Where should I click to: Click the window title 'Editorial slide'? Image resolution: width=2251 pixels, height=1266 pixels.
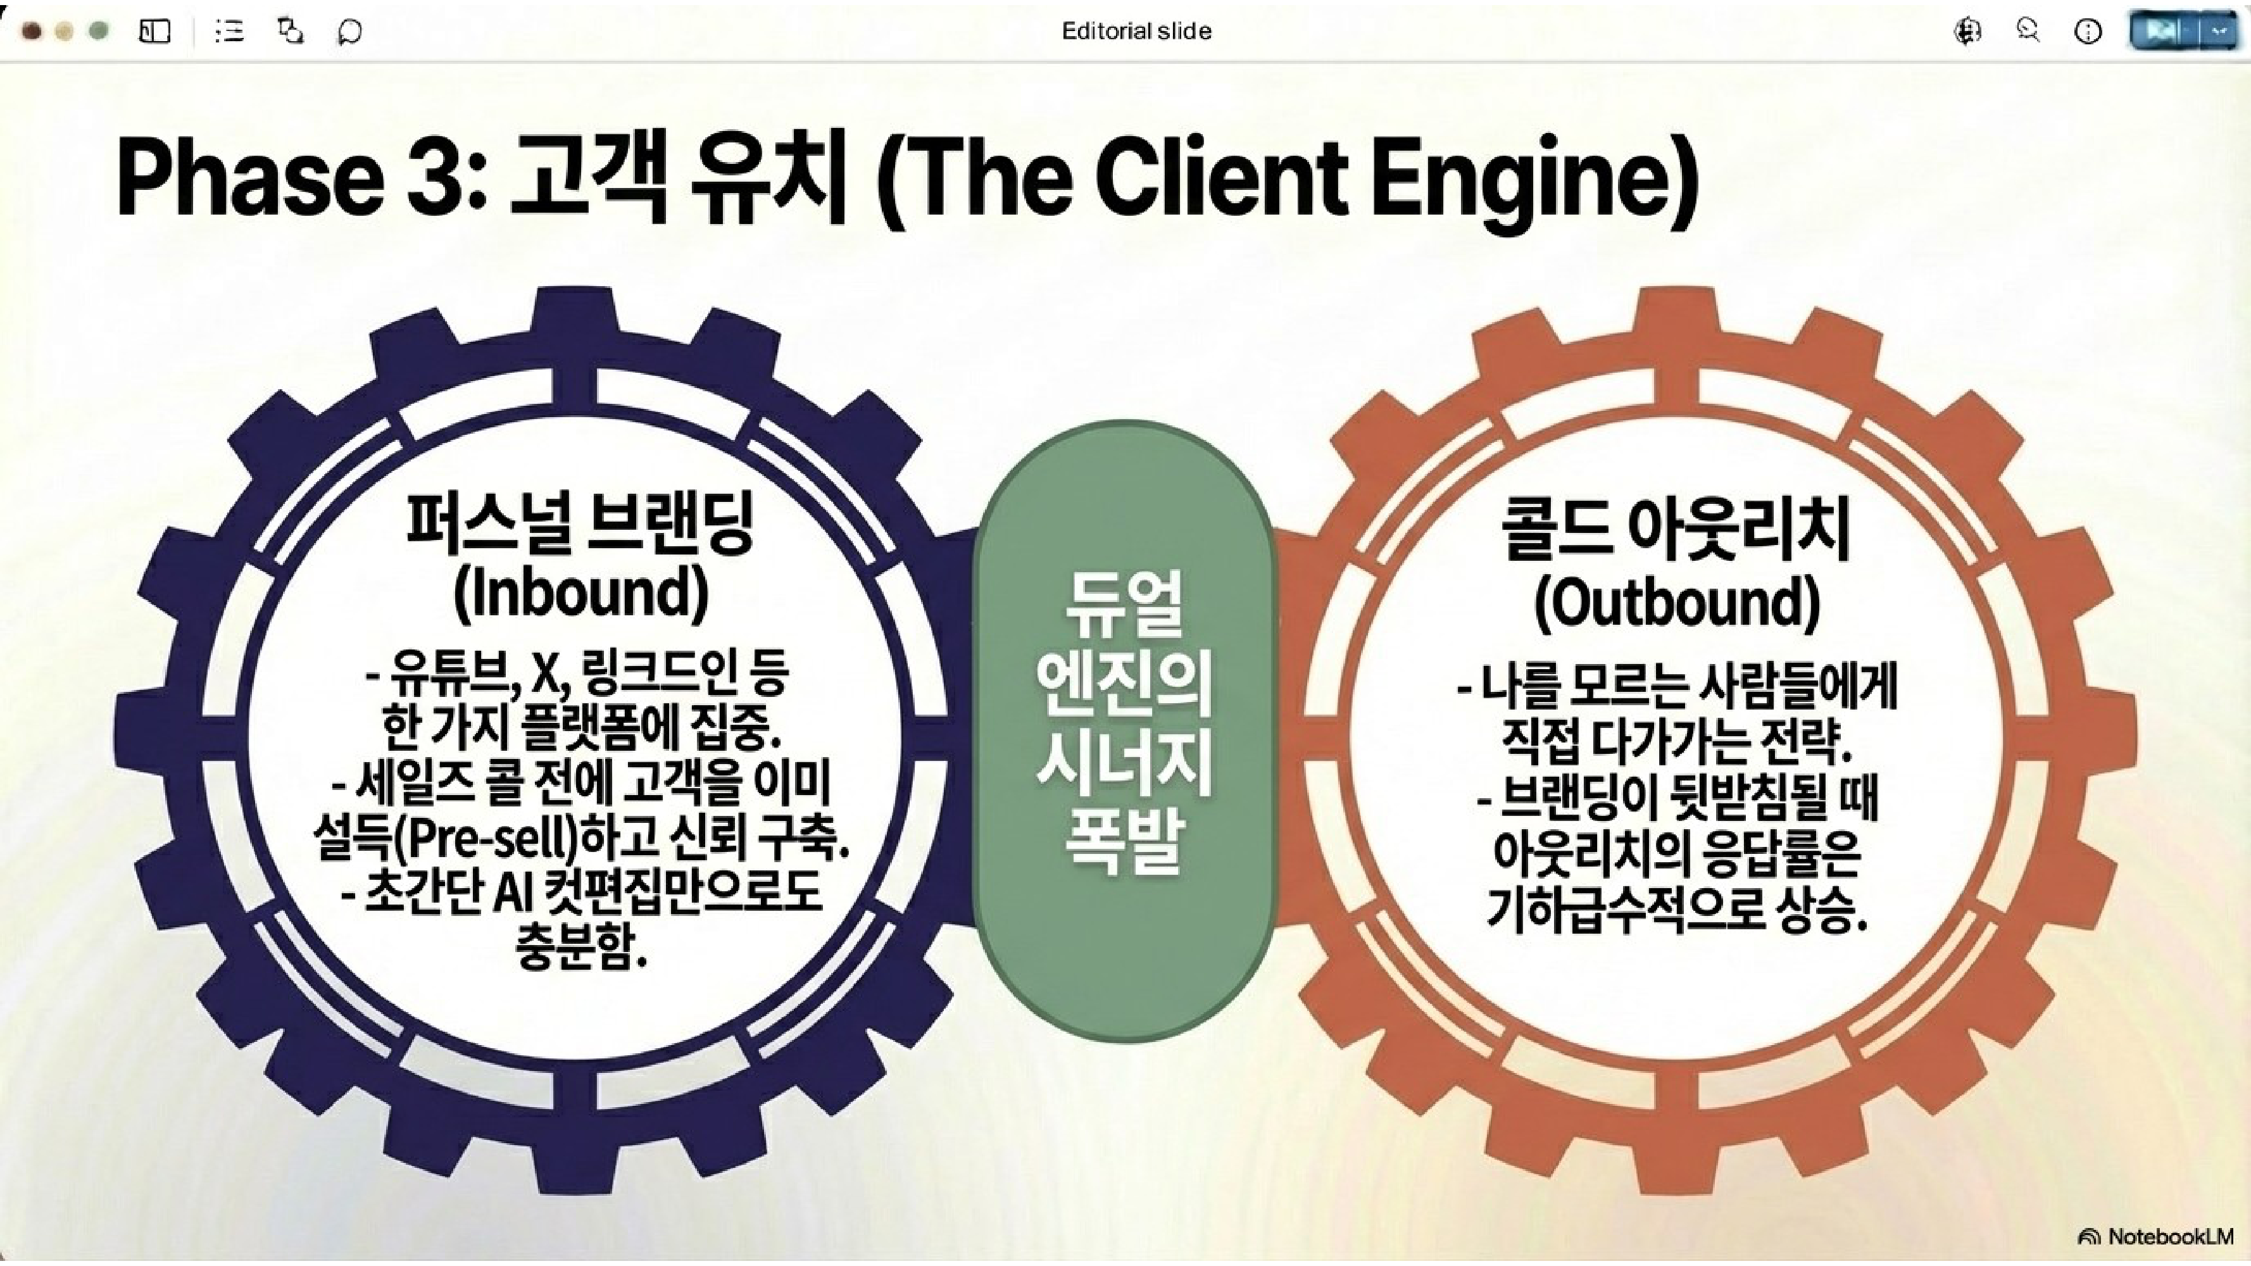click(1136, 32)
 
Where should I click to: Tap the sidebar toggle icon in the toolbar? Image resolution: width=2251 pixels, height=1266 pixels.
click(154, 32)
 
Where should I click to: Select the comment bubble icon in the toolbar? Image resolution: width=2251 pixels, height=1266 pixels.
click(349, 32)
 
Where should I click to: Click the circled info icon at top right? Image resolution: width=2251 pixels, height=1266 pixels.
click(2088, 32)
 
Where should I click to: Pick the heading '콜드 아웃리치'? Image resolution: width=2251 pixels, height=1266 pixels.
click(1676, 530)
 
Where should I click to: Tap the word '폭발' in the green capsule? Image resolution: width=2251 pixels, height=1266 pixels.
click(1125, 841)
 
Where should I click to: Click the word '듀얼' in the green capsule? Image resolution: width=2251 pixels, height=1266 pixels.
click(1125, 603)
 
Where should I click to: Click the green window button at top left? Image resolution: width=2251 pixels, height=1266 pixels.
click(99, 32)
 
